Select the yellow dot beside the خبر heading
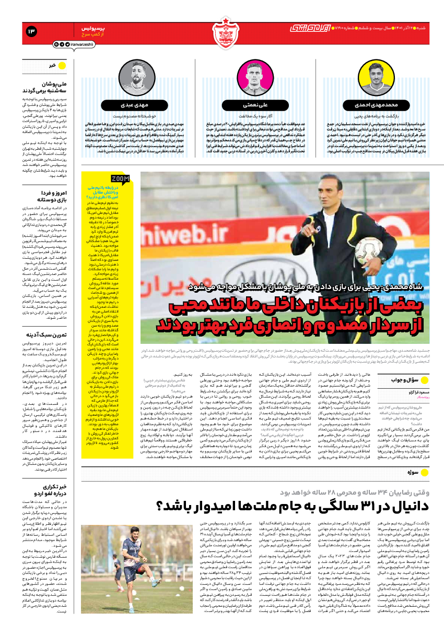click(x=62, y=66)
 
